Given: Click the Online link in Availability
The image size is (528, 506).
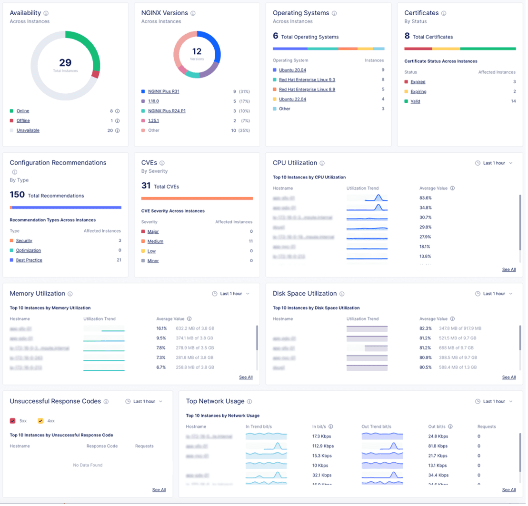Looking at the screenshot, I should (x=23, y=111).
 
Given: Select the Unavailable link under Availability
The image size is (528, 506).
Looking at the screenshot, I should (x=28, y=130).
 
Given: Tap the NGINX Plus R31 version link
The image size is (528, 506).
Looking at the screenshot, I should (x=163, y=91).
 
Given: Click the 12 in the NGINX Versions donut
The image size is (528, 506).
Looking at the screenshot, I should (x=197, y=51).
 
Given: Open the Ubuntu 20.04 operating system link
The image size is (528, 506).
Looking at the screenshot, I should (x=292, y=70).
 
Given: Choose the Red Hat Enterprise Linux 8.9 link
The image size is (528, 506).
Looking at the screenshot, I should (x=307, y=89).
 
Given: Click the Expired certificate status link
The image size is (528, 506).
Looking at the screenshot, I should (x=418, y=82).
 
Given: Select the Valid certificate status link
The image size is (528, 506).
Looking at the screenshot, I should (x=415, y=101).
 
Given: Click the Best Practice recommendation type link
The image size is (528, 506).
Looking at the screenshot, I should (x=29, y=260).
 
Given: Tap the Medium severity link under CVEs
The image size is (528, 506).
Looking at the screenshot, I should (x=155, y=241).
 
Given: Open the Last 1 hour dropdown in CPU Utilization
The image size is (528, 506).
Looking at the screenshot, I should (x=494, y=163).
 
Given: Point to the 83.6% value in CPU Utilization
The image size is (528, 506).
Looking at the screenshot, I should (x=425, y=198).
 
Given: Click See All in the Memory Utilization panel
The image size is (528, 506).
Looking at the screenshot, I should (x=246, y=377).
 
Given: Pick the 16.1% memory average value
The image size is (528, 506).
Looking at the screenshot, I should (x=161, y=328).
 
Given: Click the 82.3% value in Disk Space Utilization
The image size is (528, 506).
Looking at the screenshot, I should (x=425, y=328).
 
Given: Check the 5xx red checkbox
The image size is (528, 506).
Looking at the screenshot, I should (x=13, y=421).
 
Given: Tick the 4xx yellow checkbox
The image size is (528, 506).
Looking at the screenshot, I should (x=40, y=421).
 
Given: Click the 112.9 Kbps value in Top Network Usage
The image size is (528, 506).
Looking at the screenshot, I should (x=323, y=446).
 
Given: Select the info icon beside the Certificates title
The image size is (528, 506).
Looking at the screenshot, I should (x=444, y=13).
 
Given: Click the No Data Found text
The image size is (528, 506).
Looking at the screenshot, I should (x=88, y=465).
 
